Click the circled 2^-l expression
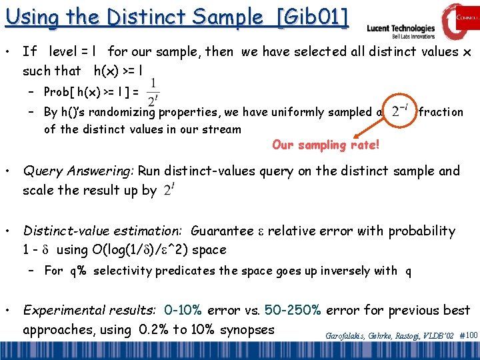[x=400, y=111]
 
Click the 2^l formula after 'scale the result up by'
[x=169, y=191]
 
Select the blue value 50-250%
[x=293, y=311]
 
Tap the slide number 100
[x=471, y=335]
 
